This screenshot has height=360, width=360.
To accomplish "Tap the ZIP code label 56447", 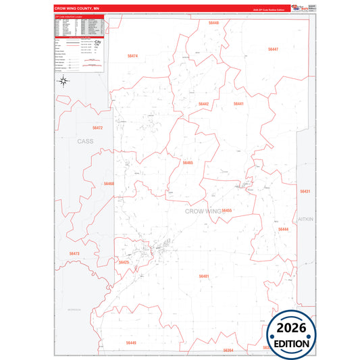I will pyautogui.click(x=273, y=49).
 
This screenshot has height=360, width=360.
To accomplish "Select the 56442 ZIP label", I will pyautogui.click(x=204, y=103).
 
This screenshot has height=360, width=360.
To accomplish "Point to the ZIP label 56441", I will pyautogui.click(x=238, y=103).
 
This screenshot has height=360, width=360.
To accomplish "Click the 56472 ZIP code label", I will pyautogui.click(x=97, y=128).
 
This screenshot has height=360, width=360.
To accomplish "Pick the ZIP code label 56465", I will pyautogui.click(x=188, y=163).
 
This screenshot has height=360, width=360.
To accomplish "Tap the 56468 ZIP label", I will pyautogui.click(x=109, y=184).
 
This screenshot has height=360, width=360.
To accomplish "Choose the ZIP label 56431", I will pyautogui.click(x=305, y=192).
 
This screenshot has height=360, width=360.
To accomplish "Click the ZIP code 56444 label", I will pyautogui.click(x=284, y=230).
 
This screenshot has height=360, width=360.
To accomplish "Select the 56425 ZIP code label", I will pyautogui.click(x=123, y=262).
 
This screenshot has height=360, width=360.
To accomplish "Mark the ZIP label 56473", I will pyautogui.click(x=74, y=253).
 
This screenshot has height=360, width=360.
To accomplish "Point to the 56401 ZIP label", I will pyautogui.click(x=204, y=276).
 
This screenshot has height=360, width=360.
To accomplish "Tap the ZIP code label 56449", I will pyautogui.click(x=131, y=343).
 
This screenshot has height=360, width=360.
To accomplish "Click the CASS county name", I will pyautogui.click(x=85, y=141).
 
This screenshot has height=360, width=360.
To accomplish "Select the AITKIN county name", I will pyautogui.click(x=306, y=220).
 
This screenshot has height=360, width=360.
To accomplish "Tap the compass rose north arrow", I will pyautogui.click(x=63, y=82).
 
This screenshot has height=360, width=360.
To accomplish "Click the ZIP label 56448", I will pyautogui.click(x=213, y=23).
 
